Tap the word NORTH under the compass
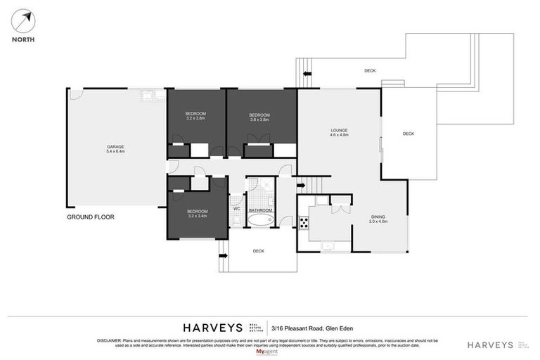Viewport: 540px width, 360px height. pos(24,39)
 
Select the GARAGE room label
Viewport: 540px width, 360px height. pos(115,147)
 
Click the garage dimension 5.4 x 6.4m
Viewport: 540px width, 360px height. pos(115,152)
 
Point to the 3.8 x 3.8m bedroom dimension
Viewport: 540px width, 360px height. pos(259,119)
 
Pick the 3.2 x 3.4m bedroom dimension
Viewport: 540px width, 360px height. pos(197,216)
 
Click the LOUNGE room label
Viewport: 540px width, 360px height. pos(340,130)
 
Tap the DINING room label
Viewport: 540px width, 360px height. pos(378,217)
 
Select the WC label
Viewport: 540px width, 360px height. pos(236,209)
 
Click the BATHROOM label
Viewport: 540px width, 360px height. pos(260,210)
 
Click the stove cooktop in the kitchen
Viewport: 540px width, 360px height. pos(304,224)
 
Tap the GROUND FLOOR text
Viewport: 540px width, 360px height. pos(91,217)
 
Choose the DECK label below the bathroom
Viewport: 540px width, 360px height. pos(258,250)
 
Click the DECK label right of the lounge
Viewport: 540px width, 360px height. pos(409,134)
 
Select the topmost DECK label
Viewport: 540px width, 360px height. pos(370,71)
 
